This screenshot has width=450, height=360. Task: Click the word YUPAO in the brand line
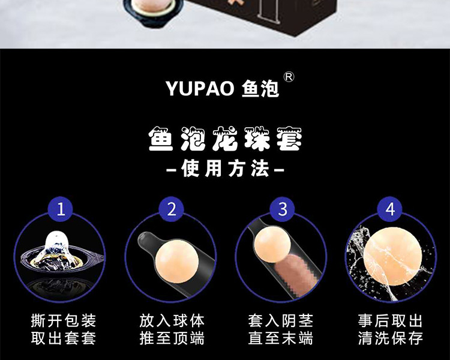pos(200,88)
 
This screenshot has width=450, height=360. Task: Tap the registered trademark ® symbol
pos(289,77)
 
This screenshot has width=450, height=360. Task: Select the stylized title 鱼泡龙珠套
pos(225,139)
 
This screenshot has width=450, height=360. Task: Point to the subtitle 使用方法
pos(225,169)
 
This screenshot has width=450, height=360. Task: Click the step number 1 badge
pos(61,209)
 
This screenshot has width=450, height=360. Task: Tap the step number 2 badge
pos(172,209)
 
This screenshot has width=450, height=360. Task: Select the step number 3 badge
pos(283,209)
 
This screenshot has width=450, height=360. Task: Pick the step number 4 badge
pos(390,209)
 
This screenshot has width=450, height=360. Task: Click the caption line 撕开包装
pos(64,320)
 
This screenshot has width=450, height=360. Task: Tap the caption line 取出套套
pos(64,338)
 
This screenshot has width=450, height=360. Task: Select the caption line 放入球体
pos(172,320)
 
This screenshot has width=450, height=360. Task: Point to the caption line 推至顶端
pos(172,338)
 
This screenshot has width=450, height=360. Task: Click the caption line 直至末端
pos(280,338)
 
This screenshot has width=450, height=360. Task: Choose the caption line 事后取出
pos(391,320)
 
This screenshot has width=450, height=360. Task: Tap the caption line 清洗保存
pos(391,338)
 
